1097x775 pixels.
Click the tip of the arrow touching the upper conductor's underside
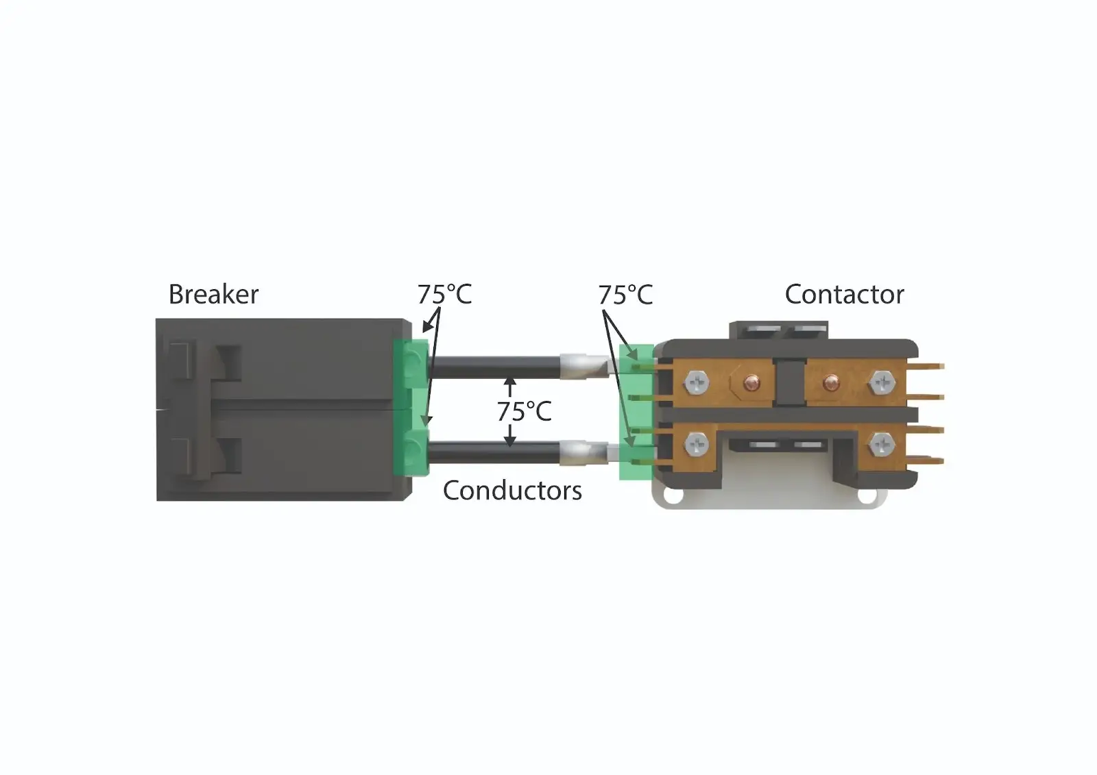point(510,378)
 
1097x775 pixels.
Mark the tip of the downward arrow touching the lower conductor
point(510,447)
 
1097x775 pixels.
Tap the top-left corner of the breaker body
point(156,319)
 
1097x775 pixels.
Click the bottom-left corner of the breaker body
point(157,500)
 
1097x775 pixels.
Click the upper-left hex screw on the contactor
point(697,382)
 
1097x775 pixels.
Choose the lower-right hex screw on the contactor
point(882,445)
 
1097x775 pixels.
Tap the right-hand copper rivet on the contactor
point(830,382)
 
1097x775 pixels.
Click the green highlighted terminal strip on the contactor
point(636,412)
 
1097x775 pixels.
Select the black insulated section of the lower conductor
point(494,452)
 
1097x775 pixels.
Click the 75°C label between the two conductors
point(525,411)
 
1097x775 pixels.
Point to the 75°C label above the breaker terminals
point(445,294)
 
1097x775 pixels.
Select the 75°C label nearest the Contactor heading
point(626,295)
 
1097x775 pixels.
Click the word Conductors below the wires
point(512,490)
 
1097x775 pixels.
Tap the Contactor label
point(844,294)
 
